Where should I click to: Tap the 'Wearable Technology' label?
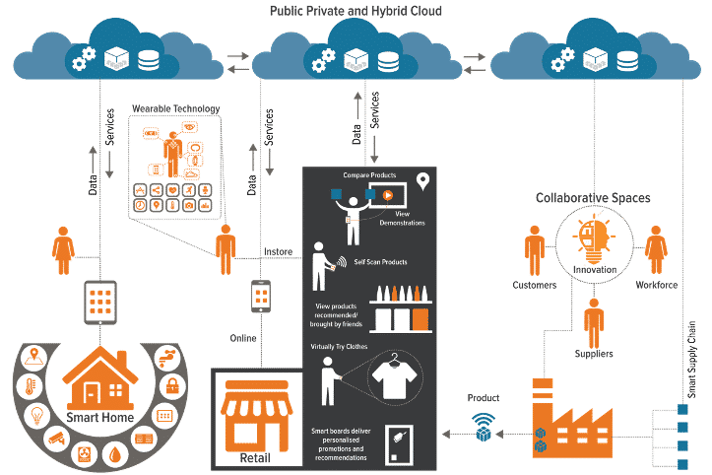click(175, 108)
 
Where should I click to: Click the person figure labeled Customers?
click(535, 250)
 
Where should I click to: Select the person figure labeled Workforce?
click(657, 250)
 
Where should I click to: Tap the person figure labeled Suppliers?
click(593, 320)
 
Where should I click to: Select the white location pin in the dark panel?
click(423, 181)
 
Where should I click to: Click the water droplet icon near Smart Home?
click(117, 455)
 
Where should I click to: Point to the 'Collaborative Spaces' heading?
click(593, 197)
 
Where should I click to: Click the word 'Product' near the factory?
click(483, 398)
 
